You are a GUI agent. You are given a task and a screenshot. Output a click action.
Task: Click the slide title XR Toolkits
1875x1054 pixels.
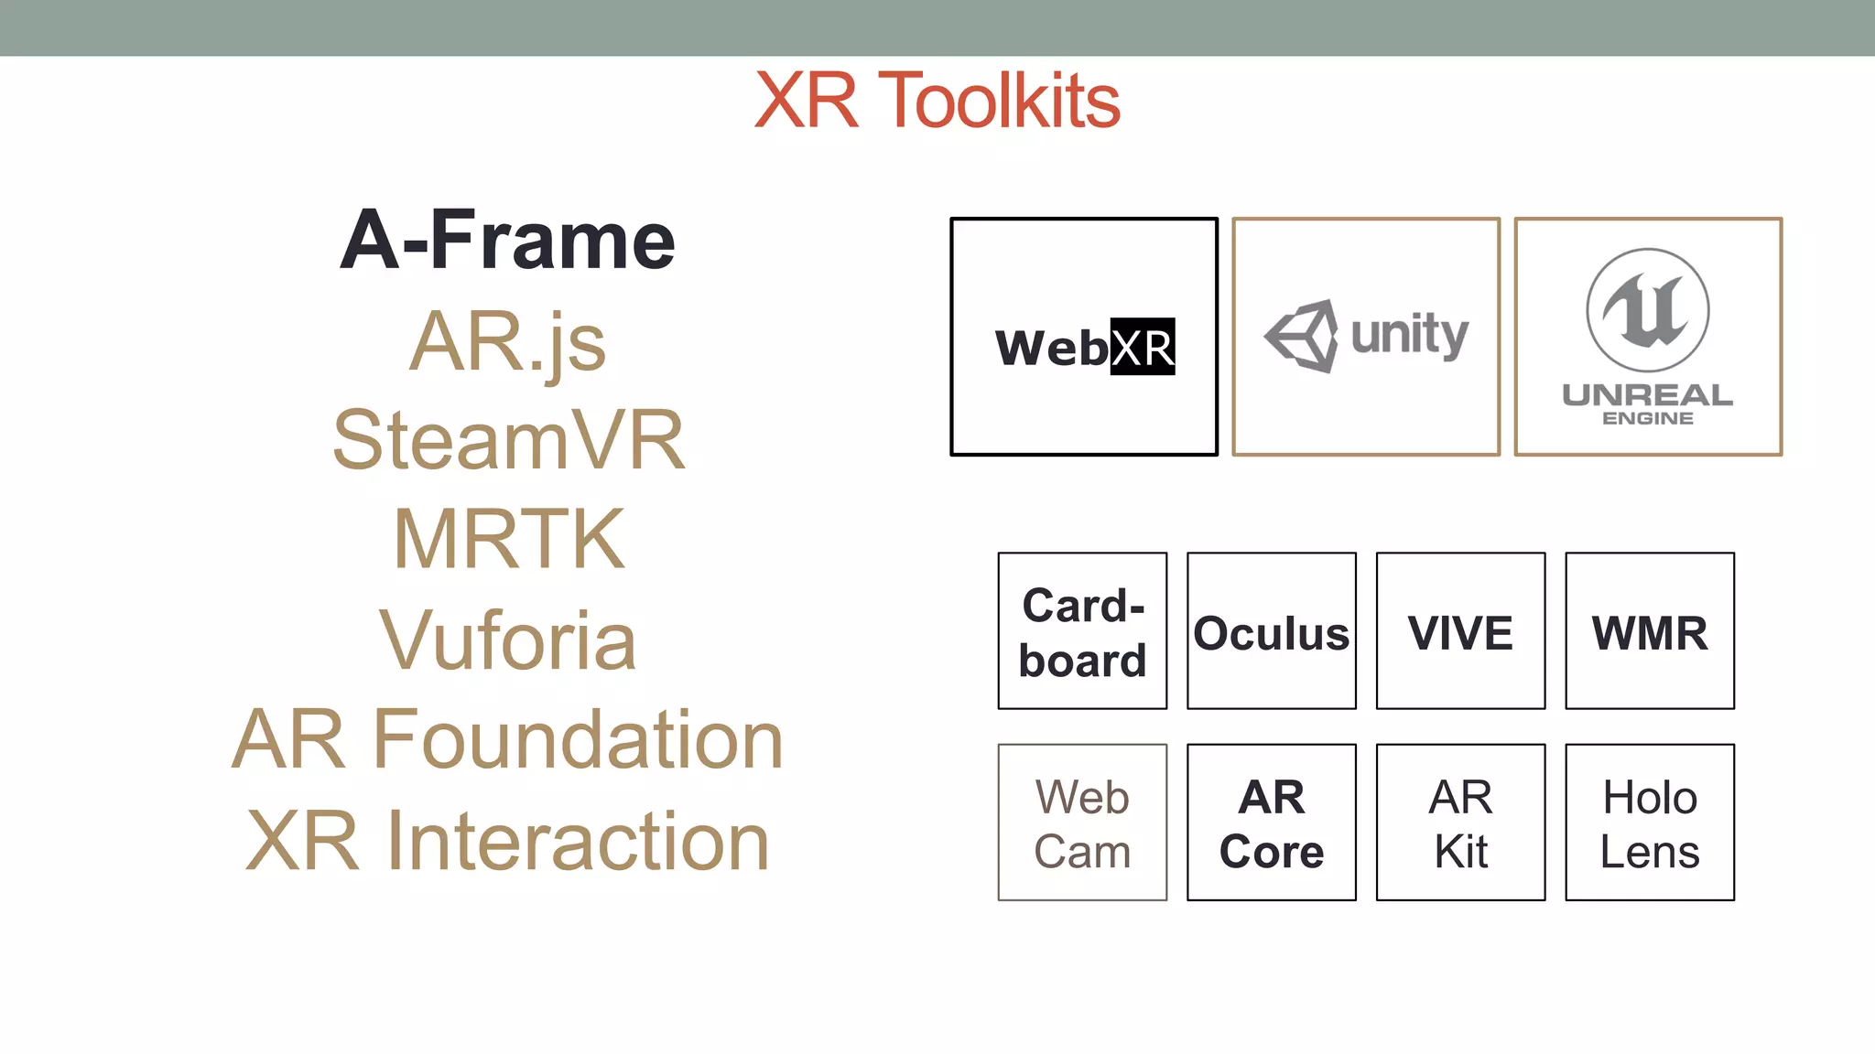pos(937,101)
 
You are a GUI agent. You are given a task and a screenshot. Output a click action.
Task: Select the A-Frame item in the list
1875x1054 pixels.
pos(507,241)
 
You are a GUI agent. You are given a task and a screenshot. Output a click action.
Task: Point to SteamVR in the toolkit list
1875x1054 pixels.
pos(508,441)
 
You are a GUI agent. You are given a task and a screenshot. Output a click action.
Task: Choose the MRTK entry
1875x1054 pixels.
pos(508,540)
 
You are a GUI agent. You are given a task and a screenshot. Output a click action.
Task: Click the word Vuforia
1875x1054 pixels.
pos(508,640)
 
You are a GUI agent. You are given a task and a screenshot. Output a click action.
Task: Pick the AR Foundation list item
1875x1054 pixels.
pos(508,739)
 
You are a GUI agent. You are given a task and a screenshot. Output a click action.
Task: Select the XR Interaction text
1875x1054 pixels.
pos(508,840)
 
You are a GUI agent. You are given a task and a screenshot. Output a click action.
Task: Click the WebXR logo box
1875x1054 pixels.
pos(1084,337)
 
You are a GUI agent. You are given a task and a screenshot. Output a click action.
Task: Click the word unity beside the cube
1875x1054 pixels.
pos(1409,335)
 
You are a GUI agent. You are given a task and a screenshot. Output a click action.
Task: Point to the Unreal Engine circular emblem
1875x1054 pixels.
pos(1647,310)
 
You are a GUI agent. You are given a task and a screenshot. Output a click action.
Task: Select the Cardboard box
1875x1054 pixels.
pos(1082,631)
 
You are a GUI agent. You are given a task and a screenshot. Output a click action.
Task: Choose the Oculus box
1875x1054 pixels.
pos(1271,631)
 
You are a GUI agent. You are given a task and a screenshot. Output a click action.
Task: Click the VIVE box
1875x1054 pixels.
pos(1460,631)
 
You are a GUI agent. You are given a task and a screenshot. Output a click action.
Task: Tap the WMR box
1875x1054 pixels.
pos(1650,631)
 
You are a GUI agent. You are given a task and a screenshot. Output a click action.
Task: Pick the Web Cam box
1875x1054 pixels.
pos(1082,823)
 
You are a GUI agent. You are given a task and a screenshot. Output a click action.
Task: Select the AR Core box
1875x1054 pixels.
pos(1271,823)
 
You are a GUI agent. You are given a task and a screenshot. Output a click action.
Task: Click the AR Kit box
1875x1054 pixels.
pos(1460,823)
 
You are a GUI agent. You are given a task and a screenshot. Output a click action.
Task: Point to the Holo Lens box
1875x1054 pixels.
pos(1650,823)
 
